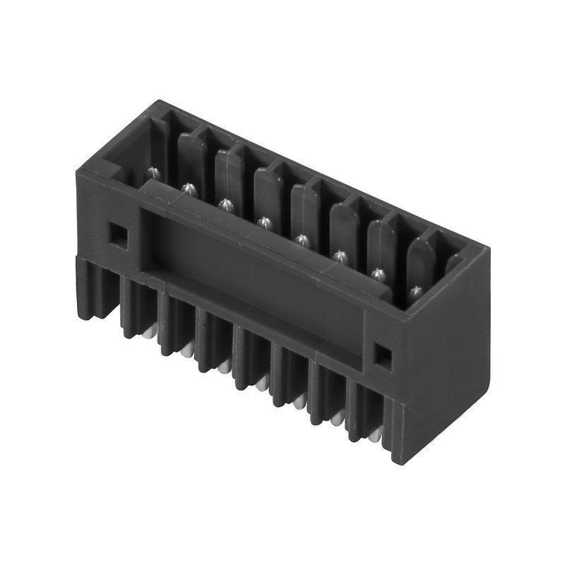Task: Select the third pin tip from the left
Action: tap(225, 205)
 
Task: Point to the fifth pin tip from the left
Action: tap(302, 239)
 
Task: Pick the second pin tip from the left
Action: tap(188, 187)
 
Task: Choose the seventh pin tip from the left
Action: tap(379, 273)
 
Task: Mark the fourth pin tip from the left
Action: tap(264, 222)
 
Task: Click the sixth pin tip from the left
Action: tap(340, 256)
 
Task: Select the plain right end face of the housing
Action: tap(445, 339)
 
